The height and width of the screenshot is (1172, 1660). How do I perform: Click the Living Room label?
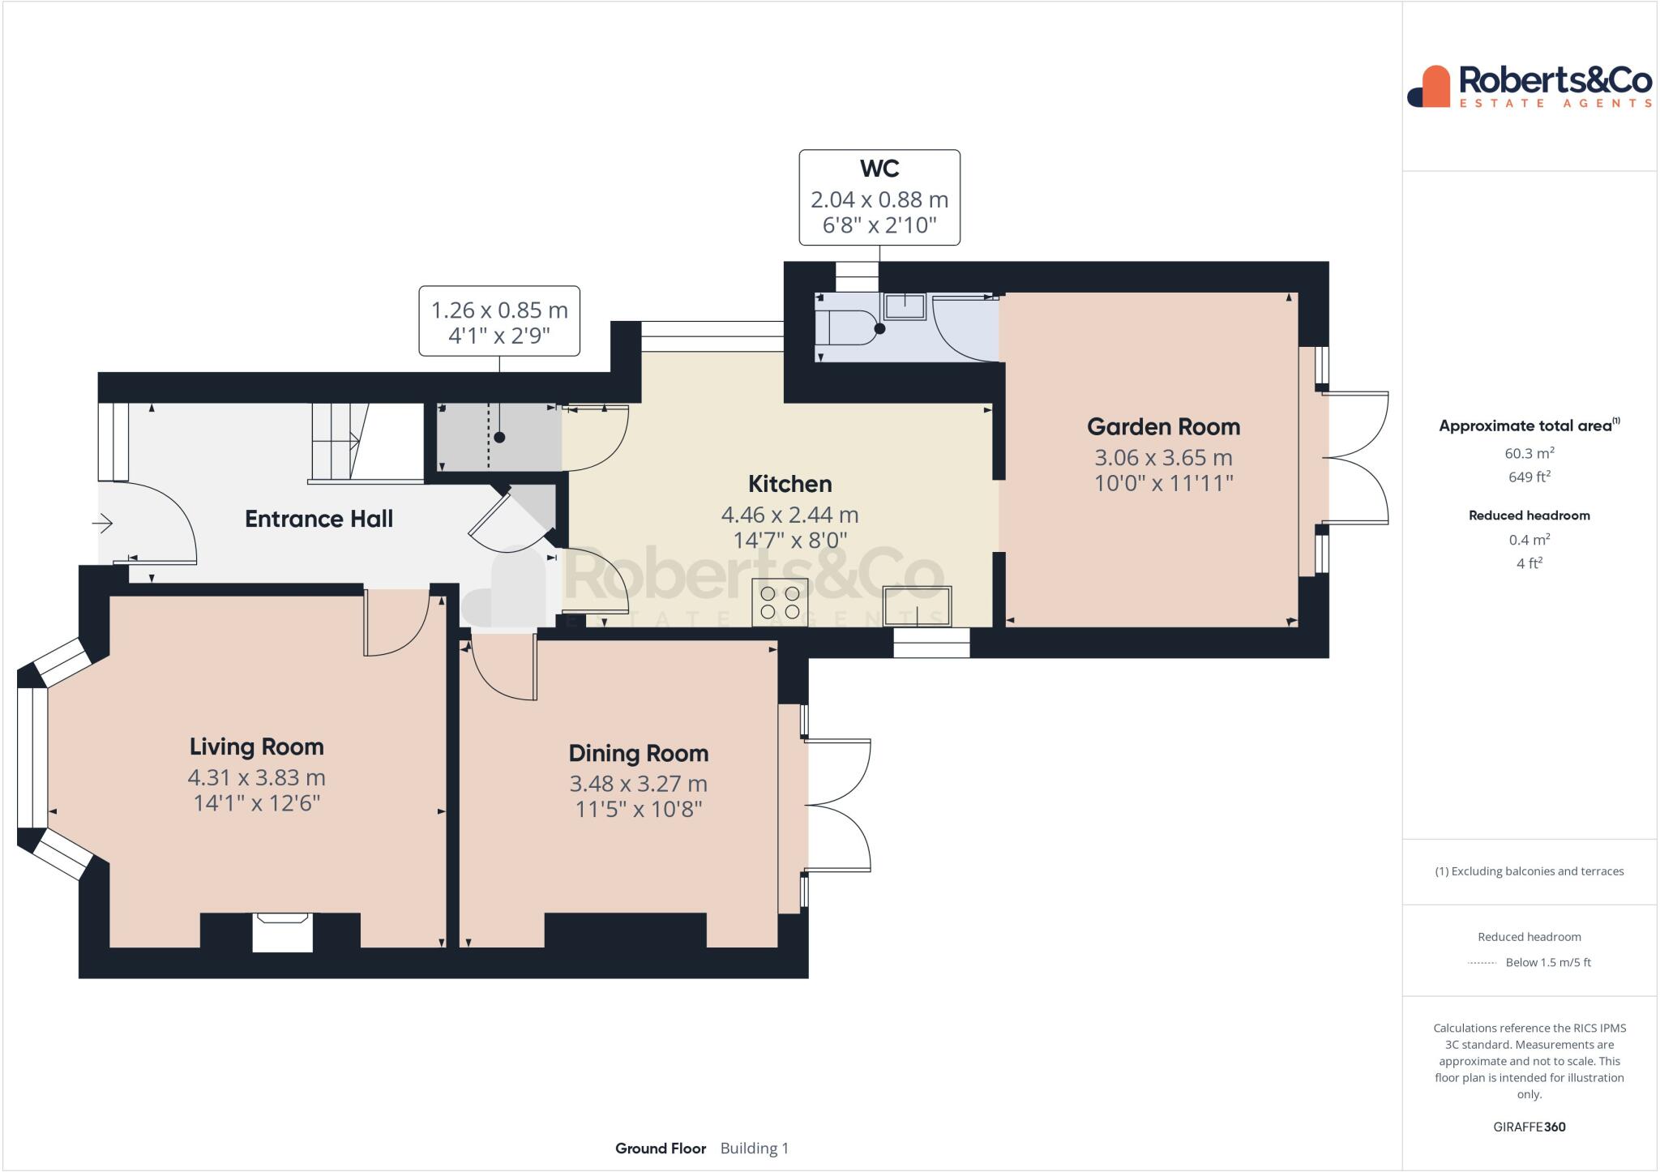(256, 746)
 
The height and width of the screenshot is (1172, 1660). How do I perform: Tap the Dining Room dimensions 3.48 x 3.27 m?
(638, 784)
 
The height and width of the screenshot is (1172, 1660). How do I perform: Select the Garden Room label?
(1163, 426)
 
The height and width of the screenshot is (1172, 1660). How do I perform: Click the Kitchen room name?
(789, 484)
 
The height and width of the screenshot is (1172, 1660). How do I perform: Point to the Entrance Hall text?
(319, 519)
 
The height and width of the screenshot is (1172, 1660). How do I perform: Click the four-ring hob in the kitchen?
(780, 602)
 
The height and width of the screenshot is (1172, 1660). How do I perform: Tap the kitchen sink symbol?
(918, 606)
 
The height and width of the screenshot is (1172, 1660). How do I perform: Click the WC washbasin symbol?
(904, 306)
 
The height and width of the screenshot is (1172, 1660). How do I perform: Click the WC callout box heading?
(879, 169)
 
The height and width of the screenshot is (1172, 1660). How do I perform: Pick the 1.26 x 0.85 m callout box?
(499, 321)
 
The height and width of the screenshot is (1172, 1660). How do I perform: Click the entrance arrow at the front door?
(103, 524)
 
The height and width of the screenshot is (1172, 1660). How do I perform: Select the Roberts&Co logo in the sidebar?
(1530, 87)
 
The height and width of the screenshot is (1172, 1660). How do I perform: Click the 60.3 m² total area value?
(1529, 453)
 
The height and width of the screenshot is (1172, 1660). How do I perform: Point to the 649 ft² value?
(1529, 477)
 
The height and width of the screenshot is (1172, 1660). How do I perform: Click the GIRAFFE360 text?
(1529, 1127)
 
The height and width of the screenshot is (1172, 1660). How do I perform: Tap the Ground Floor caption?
(661, 1148)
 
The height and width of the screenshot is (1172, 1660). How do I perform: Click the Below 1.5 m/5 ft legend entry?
(1547, 962)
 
